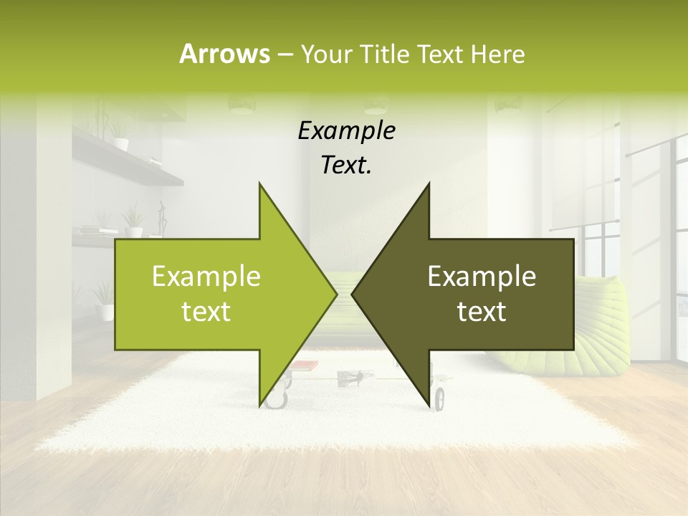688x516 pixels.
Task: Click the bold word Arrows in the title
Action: click(224, 54)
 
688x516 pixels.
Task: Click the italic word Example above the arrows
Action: click(346, 131)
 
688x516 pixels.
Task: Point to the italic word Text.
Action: click(346, 165)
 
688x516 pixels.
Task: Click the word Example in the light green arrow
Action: click(206, 277)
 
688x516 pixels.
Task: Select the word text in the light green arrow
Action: click(206, 311)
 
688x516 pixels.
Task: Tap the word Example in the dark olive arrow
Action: click(482, 277)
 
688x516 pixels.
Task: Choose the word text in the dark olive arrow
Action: click(482, 311)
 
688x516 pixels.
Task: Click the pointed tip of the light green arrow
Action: click(337, 294)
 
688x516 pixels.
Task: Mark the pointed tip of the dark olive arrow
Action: click(352, 294)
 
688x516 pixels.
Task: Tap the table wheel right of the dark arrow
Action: click(439, 397)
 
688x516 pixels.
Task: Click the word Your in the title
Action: click(323, 54)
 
